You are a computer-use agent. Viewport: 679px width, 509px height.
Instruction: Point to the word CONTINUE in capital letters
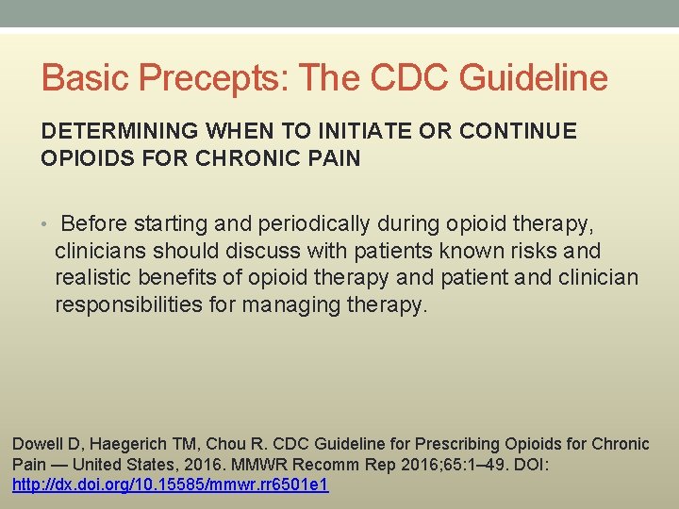pyautogui.click(x=525, y=132)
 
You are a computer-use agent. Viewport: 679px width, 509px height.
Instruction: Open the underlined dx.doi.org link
pyautogui.click(x=170, y=484)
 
